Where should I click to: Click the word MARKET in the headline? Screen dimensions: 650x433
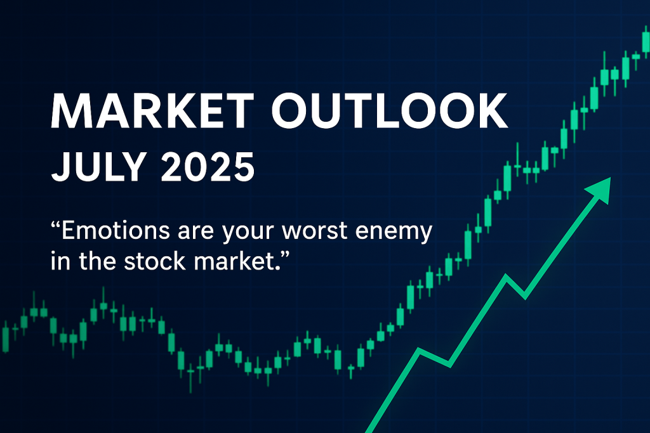152,110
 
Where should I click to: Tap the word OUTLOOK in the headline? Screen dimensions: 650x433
389,110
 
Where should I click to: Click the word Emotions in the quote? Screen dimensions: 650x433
116,230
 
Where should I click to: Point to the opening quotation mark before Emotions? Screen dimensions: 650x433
55,225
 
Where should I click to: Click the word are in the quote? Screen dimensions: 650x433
196,232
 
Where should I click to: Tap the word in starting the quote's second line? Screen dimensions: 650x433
60,261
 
